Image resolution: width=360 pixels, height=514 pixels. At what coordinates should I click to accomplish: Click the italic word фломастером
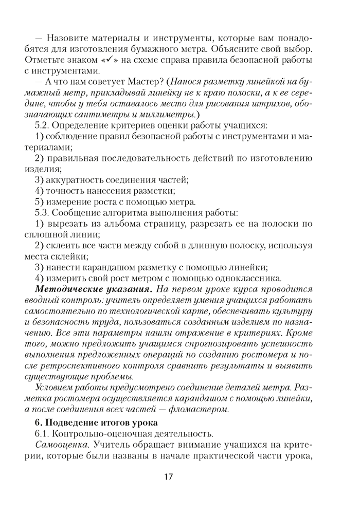click(201, 409)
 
